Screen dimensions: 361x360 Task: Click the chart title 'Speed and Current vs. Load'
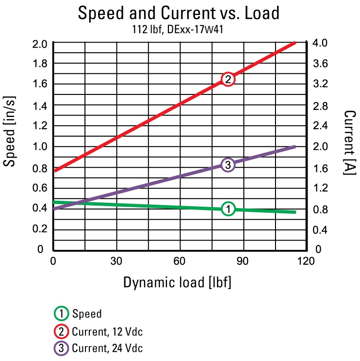point(179,13)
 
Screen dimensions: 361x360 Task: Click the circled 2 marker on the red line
point(228,79)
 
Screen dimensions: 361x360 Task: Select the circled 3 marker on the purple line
point(228,165)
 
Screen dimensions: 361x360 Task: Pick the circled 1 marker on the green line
point(229,209)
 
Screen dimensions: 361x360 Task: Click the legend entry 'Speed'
point(86,314)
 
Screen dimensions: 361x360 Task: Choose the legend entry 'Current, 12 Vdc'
point(107,331)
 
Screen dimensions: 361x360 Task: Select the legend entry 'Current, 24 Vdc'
point(107,348)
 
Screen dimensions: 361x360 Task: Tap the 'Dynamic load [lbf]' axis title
point(178,282)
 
